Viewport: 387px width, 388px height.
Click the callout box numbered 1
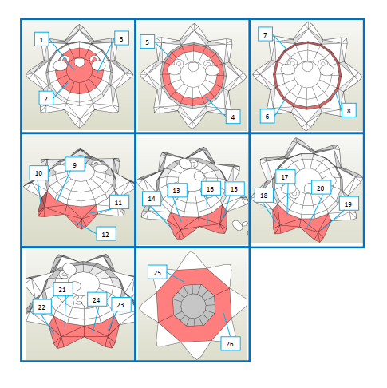coord(41,39)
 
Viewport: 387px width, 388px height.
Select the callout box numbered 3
coord(121,38)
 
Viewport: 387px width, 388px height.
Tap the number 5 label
coord(148,42)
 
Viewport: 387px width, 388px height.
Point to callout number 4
coord(233,117)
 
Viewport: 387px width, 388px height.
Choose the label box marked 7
coord(265,34)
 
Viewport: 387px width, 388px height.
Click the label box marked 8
coord(349,110)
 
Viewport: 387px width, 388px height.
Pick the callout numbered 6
coord(267,116)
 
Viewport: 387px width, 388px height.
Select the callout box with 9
coord(75,164)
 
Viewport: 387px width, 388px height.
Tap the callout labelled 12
coord(106,234)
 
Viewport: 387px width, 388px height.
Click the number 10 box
coord(39,173)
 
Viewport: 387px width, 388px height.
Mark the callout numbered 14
coord(152,199)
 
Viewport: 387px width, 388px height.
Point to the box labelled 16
coord(211,188)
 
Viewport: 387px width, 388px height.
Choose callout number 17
coord(286,176)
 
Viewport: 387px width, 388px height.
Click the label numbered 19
coord(349,204)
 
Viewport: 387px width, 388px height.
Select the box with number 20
coord(321,188)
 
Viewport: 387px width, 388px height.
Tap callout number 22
coord(42,307)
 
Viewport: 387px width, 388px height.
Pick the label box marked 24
coord(97,299)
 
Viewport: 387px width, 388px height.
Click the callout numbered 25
coord(157,272)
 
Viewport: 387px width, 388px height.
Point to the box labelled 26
coord(231,343)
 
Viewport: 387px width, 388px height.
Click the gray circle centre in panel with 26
coord(193,305)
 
